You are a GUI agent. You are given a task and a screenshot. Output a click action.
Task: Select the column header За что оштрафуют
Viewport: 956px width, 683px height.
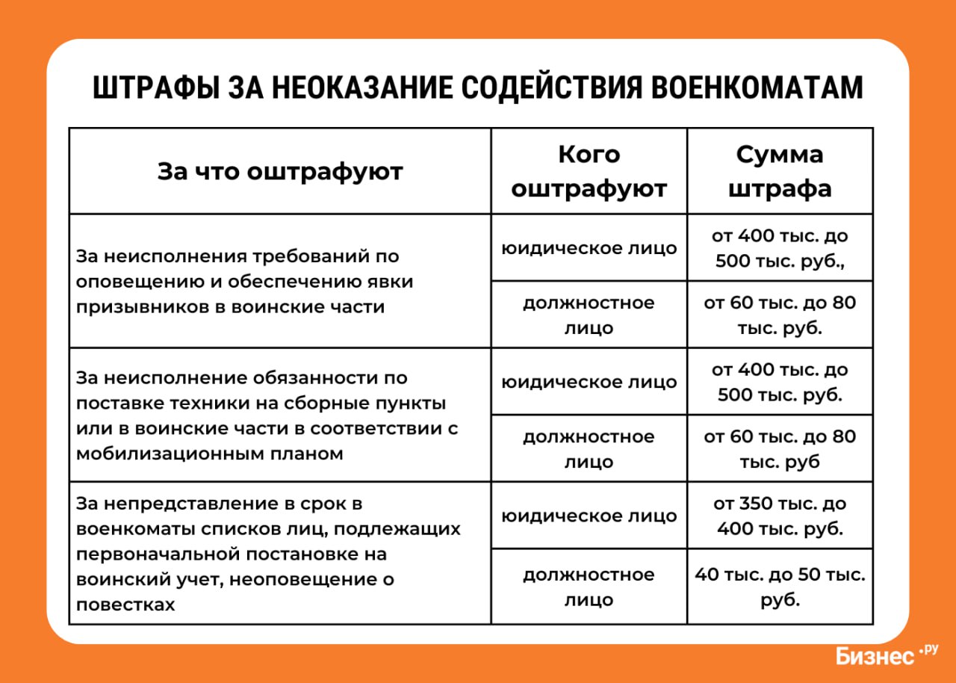280,172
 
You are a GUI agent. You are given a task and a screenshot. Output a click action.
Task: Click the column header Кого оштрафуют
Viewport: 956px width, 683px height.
589,172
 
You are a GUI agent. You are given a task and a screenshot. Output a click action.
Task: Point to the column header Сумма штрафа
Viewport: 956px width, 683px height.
780,172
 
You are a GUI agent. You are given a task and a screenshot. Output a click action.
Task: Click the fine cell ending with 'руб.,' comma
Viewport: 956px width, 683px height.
780,248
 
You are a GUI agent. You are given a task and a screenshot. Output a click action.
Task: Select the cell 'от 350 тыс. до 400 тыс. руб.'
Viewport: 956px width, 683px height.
780,516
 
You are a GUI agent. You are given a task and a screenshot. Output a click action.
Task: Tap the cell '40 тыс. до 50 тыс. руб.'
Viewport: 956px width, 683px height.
780,587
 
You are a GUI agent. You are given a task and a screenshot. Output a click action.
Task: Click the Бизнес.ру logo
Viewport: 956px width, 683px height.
886,655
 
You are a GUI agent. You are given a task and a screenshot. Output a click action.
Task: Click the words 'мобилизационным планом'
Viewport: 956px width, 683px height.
210,454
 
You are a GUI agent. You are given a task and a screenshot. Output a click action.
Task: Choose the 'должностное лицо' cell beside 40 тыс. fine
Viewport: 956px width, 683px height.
589,587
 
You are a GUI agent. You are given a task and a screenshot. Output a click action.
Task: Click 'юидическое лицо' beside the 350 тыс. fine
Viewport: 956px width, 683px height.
589,516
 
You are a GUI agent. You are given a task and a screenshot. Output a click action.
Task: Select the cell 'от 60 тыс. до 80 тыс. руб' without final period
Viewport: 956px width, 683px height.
780,448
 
